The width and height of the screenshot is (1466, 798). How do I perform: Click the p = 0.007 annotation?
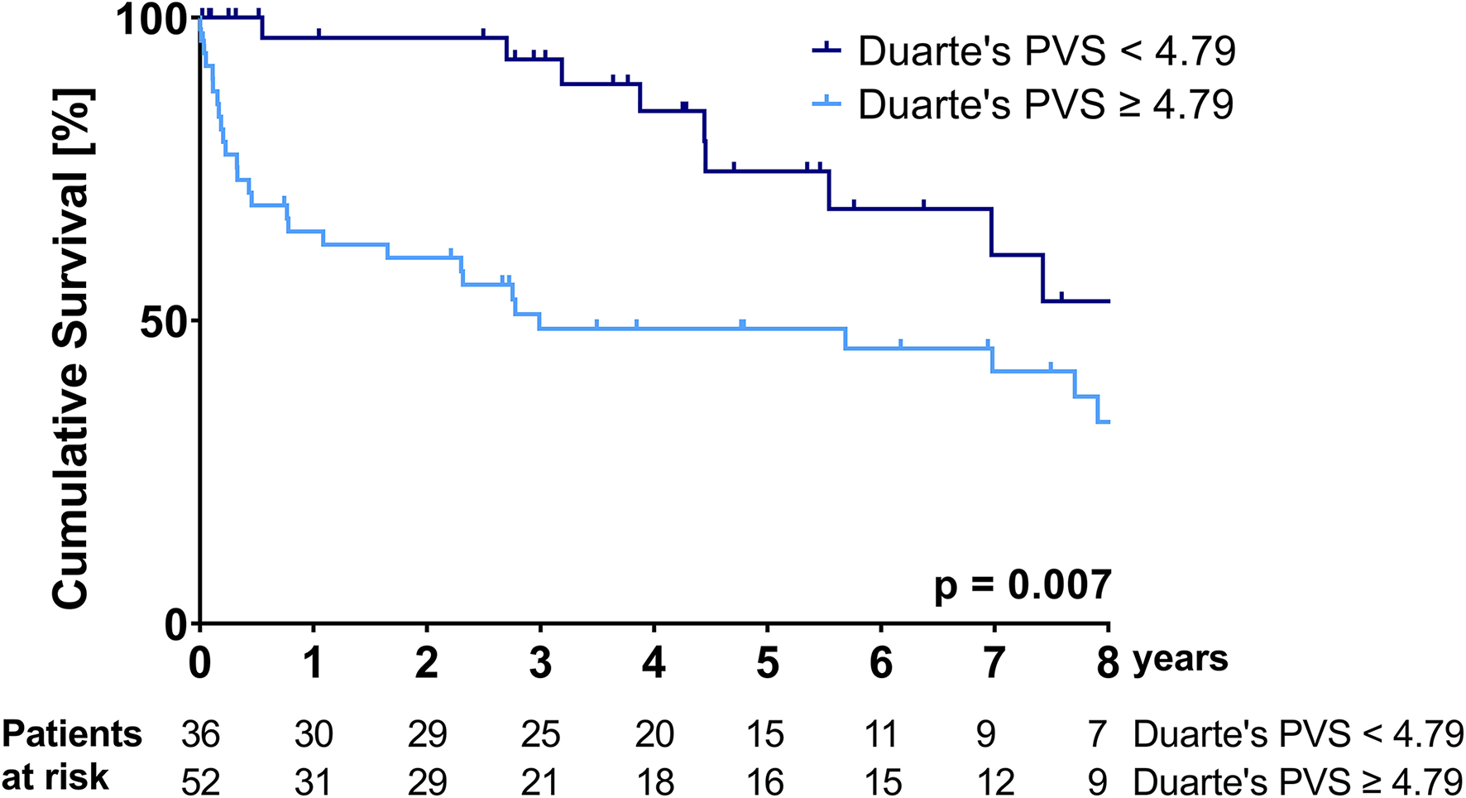coord(1023,585)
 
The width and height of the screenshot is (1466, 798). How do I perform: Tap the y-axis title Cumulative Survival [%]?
coord(71,349)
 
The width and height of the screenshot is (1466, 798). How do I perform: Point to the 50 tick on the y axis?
coord(165,321)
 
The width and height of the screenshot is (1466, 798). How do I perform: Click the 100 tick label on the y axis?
coord(152,20)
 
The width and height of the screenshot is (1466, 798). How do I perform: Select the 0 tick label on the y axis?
coord(176,623)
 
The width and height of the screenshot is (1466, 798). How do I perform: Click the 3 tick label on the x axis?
coord(540,663)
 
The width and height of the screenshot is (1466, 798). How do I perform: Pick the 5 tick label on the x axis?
coord(768,663)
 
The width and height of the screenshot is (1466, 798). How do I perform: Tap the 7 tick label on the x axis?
coord(994,663)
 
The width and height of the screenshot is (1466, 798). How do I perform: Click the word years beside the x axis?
coord(1181,660)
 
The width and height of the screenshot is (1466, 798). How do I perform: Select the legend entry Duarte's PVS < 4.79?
coord(1047,51)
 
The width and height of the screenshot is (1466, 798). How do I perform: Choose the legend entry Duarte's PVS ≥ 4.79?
coord(1047,105)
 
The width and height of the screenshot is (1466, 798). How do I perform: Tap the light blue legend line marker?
coord(826,103)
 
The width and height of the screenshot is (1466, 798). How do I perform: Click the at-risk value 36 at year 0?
coord(200,734)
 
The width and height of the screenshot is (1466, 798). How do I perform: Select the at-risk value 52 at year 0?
coord(200,781)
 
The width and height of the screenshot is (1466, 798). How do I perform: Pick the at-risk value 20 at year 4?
coord(654,734)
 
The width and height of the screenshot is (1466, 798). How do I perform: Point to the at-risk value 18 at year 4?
coord(654,781)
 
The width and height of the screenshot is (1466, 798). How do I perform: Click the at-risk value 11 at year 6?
coord(880,734)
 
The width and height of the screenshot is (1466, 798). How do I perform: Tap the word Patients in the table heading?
coord(72,734)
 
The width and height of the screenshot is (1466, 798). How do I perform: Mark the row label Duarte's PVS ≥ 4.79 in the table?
coord(1297,781)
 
